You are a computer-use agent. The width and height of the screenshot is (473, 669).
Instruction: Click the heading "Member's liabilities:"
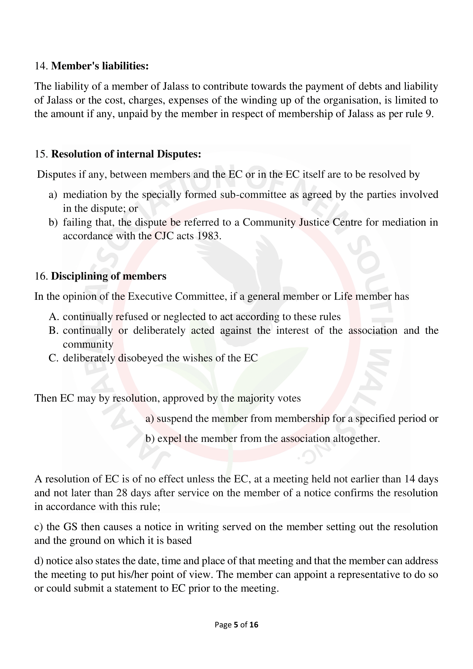click(100, 66)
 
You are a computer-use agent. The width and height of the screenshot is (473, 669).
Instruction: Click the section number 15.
click(41, 154)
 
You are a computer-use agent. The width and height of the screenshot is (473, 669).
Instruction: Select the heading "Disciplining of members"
click(109, 276)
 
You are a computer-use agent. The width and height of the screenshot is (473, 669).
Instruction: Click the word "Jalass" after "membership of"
click(361, 114)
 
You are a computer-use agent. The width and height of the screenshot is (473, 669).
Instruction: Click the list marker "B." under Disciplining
click(54, 330)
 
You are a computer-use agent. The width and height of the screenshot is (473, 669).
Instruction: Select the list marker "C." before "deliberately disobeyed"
click(54, 358)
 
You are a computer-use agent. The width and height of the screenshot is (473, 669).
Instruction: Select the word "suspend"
click(174, 418)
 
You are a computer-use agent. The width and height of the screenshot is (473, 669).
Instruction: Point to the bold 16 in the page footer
click(254, 625)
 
